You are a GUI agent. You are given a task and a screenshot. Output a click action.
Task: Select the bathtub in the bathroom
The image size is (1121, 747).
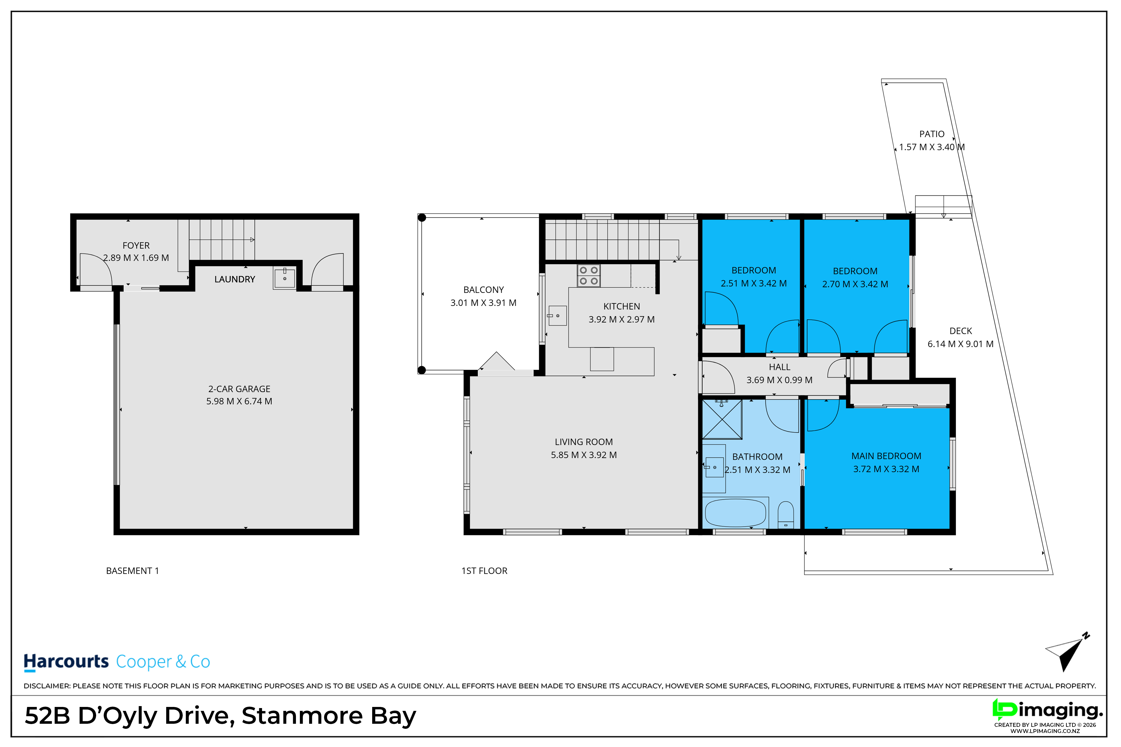click(735, 513)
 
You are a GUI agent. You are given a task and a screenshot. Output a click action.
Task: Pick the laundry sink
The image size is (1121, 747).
click(284, 278)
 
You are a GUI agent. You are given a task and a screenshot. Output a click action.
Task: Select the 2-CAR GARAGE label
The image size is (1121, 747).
click(239, 389)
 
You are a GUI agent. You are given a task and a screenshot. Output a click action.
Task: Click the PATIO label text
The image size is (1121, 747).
click(932, 134)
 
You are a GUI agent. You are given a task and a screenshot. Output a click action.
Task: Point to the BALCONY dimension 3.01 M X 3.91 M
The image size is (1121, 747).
click(483, 302)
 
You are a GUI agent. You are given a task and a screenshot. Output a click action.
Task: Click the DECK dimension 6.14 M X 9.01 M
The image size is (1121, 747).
click(960, 344)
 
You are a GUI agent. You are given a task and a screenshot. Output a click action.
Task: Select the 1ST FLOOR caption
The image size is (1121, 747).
click(484, 571)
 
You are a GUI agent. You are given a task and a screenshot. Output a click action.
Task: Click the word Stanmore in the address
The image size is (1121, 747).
click(302, 716)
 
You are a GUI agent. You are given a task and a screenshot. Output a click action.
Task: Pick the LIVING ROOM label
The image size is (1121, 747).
click(584, 442)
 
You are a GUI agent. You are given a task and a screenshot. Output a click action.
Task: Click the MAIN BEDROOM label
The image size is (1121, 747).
click(886, 456)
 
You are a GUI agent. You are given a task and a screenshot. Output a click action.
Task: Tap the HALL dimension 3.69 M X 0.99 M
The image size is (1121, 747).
click(779, 380)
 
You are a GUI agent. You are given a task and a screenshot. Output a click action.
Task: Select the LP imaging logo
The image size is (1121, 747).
click(1048, 714)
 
